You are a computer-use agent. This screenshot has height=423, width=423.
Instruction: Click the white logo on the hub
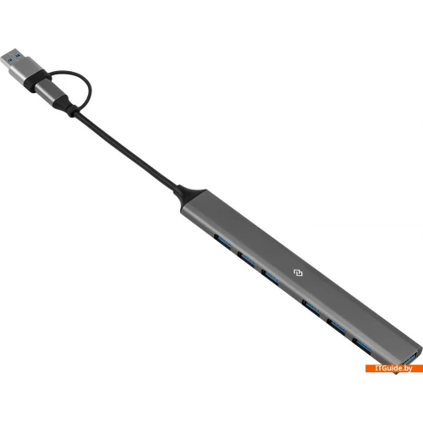pos(298,273)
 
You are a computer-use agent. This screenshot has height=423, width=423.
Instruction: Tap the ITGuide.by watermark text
pos(393,368)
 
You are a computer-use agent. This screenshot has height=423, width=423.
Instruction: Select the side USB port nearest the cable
pos(222,241)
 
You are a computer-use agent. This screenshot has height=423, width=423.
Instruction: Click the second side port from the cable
pos(246,259)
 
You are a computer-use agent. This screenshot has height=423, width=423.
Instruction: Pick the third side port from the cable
pos(270,277)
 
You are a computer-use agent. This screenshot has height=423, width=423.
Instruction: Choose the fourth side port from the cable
pos(311,307)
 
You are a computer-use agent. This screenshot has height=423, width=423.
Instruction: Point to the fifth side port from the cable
pos(337,327)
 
